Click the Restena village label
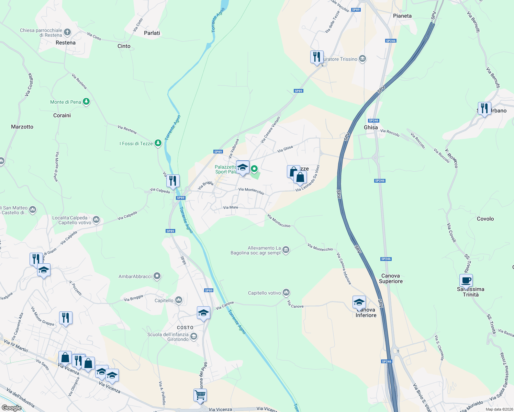(x=66, y=43)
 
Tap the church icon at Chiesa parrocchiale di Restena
(x=67, y=32)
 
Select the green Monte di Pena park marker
(x=86, y=102)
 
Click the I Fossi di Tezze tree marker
(x=158, y=143)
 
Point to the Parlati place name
(x=152, y=33)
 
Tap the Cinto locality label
(x=124, y=46)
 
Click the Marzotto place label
(x=22, y=127)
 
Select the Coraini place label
(x=62, y=115)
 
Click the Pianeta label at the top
(x=402, y=16)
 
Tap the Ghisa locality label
(x=371, y=127)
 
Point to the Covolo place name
(x=485, y=219)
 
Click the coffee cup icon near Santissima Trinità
(x=466, y=281)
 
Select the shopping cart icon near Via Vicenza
(x=200, y=394)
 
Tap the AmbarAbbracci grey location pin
(x=157, y=276)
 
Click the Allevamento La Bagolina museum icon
(x=286, y=250)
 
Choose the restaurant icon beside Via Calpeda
(x=173, y=181)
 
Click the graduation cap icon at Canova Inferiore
(x=359, y=302)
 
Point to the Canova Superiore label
(x=391, y=278)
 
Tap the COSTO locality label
(x=185, y=328)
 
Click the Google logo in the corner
(x=11, y=408)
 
